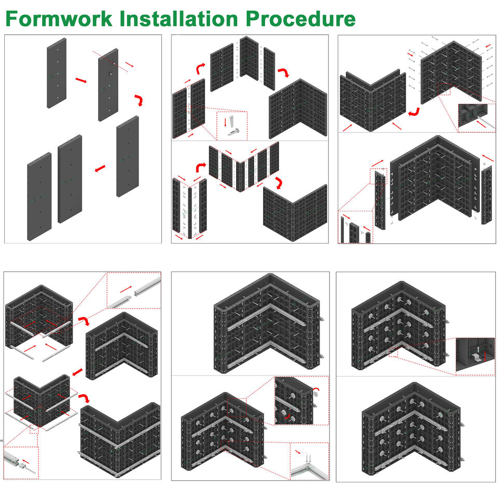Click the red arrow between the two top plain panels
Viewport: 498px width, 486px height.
pyautogui.click(x=80, y=80)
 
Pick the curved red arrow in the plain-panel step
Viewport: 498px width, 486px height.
pyautogui.click(x=139, y=100)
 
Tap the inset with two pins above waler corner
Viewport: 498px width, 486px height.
pyautogui.click(x=308, y=461)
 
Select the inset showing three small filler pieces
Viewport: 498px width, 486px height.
pyautogui.click(x=355, y=227)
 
